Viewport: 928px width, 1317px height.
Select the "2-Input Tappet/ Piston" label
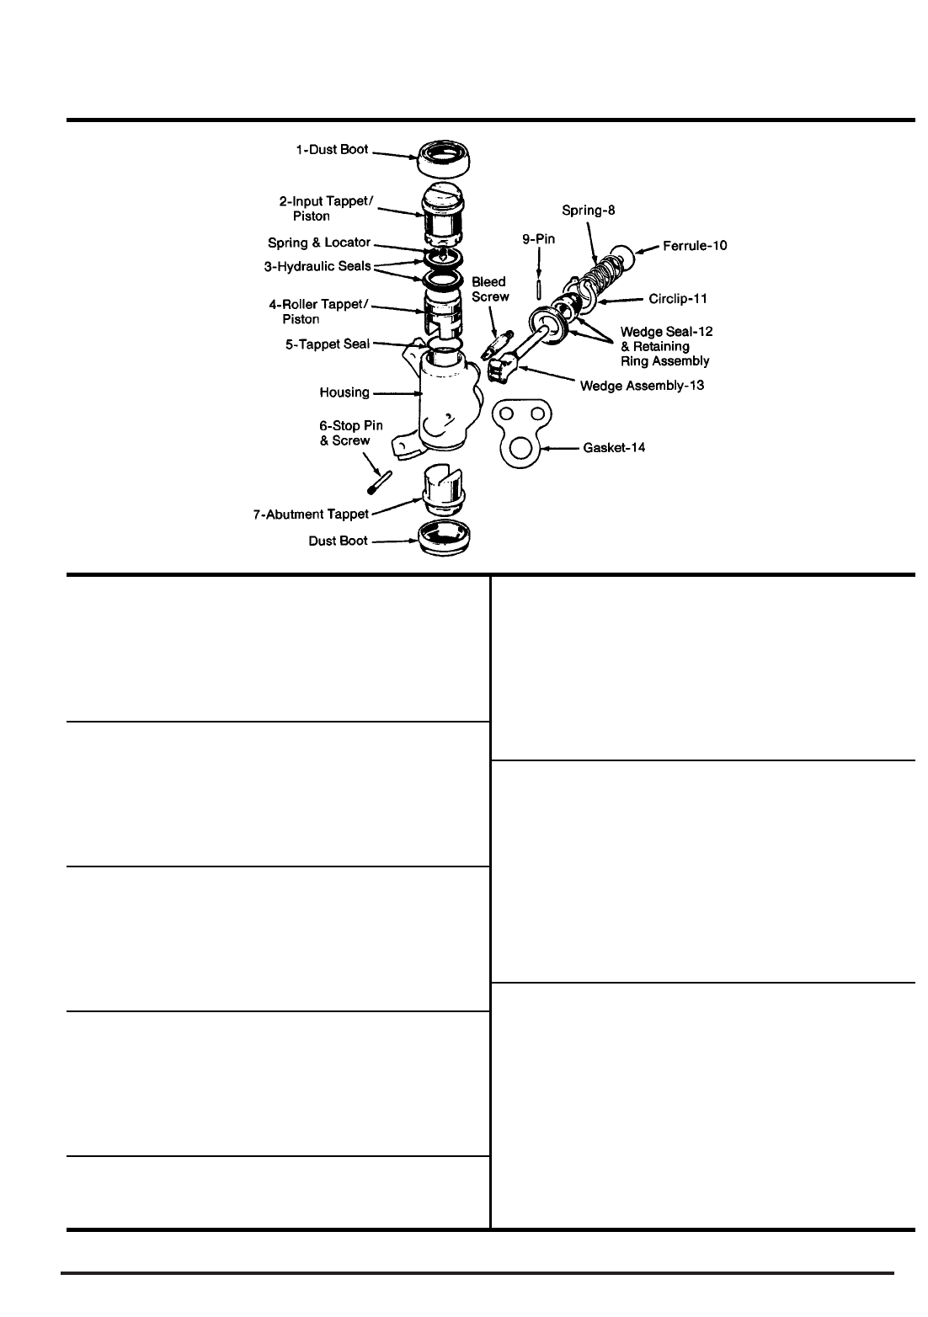[x=325, y=208]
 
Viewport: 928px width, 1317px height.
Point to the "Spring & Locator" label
[x=319, y=243]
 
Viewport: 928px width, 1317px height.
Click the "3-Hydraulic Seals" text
[x=318, y=266]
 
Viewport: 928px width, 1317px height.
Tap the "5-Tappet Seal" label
[x=328, y=344]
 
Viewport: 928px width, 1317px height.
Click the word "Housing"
[x=344, y=392]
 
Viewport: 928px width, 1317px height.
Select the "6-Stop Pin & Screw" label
[x=350, y=433]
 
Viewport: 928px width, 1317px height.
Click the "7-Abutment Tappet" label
[x=312, y=514]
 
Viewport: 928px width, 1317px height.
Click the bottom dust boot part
[x=445, y=539]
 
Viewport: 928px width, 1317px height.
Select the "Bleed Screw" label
[x=489, y=289]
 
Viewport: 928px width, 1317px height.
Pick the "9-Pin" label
[x=538, y=239]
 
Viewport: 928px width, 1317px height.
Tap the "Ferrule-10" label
[x=696, y=246]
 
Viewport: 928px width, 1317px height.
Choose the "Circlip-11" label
[x=677, y=299]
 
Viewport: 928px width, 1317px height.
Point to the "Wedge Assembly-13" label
[x=642, y=386]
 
